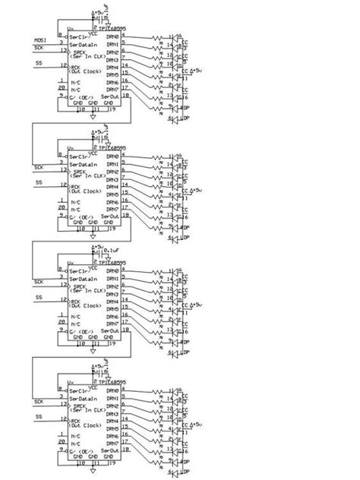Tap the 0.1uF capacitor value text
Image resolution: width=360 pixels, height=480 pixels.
pyautogui.click(x=112, y=248)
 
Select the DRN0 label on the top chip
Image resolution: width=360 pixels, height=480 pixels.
pyautogui.click(x=112, y=37)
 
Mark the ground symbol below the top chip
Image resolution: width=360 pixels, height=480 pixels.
pyautogui.click(x=92, y=118)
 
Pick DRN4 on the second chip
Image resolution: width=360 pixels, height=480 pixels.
pyautogui.click(x=112, y=186)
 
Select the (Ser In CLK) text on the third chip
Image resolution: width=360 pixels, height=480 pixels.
pyautogui.click(x=86, y=293)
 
